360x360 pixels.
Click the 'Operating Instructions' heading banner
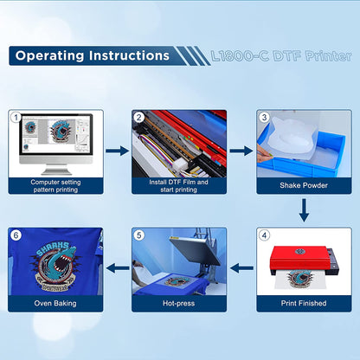click(x=91, y=55)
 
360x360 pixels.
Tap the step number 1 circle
click(x=15, y=115)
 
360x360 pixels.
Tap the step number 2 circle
click(x=138, y=115)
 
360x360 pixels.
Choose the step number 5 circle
click(x=138, y=234)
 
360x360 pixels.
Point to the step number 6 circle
click(x=15, y=234)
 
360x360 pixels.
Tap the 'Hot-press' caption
click(x=179, y=302)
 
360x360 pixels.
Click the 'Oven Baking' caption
click(x=55, y=302)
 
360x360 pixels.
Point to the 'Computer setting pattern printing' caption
click(x=55, y=186)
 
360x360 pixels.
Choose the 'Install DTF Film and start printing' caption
click(x=179, y=186)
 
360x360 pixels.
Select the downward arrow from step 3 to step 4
click(x=304, y=209)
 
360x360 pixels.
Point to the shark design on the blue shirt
click(x=54, y=260)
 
